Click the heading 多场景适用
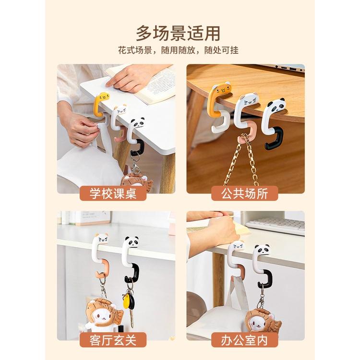(x=178, y=34)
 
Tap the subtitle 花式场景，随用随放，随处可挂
(x=178, y=50)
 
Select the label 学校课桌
(x=113, y=193)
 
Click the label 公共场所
(x=244, y=193)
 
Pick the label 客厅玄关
(x=113, y=340)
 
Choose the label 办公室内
(x=244, y=340)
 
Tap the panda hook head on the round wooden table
(x=276, y=105)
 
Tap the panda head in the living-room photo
(x=132, y=242)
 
